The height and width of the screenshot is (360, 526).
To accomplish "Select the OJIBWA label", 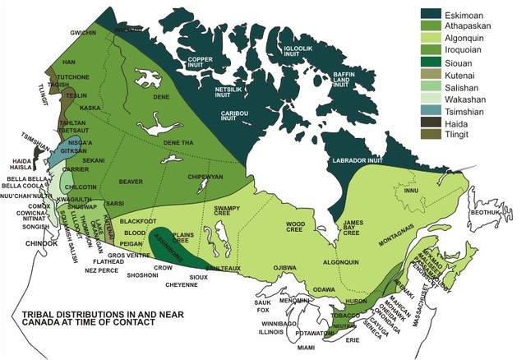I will click(284, 268).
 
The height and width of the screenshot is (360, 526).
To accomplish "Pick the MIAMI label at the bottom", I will click(307, 347).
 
